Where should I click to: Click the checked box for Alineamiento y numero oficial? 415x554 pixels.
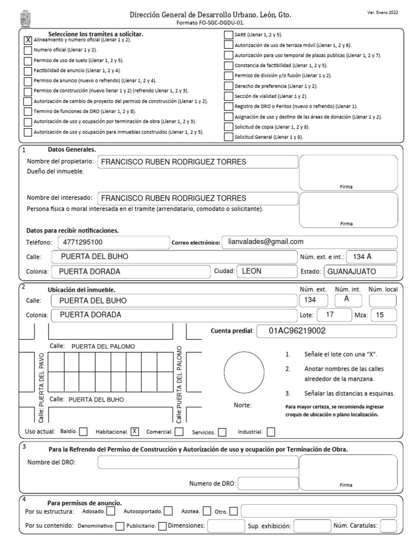(28, 39)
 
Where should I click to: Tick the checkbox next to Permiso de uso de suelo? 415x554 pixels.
(28, 60)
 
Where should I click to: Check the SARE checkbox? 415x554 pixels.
(229, 35)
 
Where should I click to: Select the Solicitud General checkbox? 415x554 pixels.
(229, 137)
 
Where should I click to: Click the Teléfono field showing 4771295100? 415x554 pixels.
(112, 242)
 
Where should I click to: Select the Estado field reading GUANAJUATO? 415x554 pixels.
(359, 271)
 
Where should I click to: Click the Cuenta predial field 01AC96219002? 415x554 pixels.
(325, 331)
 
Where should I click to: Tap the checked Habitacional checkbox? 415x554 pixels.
(135, 431)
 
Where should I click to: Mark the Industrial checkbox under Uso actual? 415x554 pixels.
(271, 432)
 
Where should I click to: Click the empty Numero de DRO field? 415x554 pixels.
(268, 484)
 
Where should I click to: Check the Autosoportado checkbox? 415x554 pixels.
(169, 511)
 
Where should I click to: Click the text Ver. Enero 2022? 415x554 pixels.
(383, 12)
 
